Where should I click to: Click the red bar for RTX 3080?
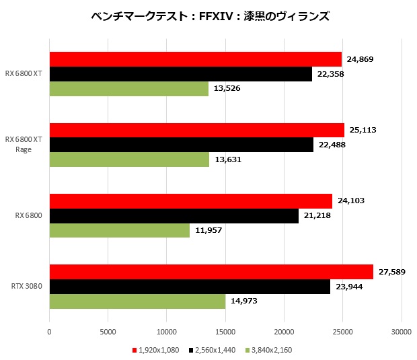[x=211, y=272]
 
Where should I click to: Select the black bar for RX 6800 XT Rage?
[x=182, y=145]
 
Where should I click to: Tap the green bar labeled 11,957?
[x=120, y=230]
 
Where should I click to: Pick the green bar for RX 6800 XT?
[x=129, y=88]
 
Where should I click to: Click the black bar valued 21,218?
[x=174, y=215]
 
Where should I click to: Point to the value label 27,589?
[x=393, y=271]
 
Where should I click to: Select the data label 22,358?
[x=330, y=74]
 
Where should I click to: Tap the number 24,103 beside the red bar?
[x=350, y=201]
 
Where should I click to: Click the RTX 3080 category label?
[x=27, y=286]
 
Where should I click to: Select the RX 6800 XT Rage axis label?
[x=24, y=144]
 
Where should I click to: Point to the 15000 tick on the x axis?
[x=225, y=331]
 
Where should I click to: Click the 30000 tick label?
[x=402, y=331]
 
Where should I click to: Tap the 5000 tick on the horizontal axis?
[x=108, y=331]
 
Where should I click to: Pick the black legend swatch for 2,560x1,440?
[x=192, y=350]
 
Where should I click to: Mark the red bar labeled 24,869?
[x=196, y=59]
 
